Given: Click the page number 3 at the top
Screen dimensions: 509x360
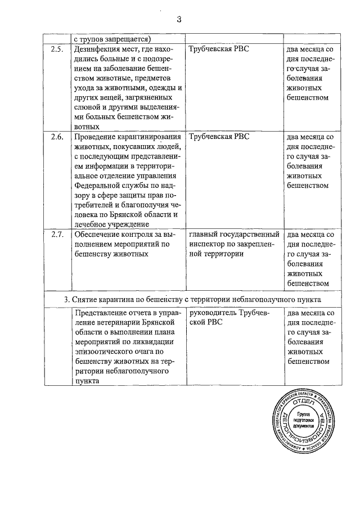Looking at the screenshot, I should [x=179, y=20].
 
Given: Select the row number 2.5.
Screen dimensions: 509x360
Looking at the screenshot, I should [x=56, y=49].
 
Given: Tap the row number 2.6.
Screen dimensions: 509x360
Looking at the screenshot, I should [x=56, y=137].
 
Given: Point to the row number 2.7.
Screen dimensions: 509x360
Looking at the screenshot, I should [x=56, y=234].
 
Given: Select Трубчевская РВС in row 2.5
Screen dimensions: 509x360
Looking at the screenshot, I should [x=219, y=49].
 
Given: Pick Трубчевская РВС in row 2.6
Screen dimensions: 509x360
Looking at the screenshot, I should [x=219, y=137].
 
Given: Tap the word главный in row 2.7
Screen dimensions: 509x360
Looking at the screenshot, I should [x=205, y=234].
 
